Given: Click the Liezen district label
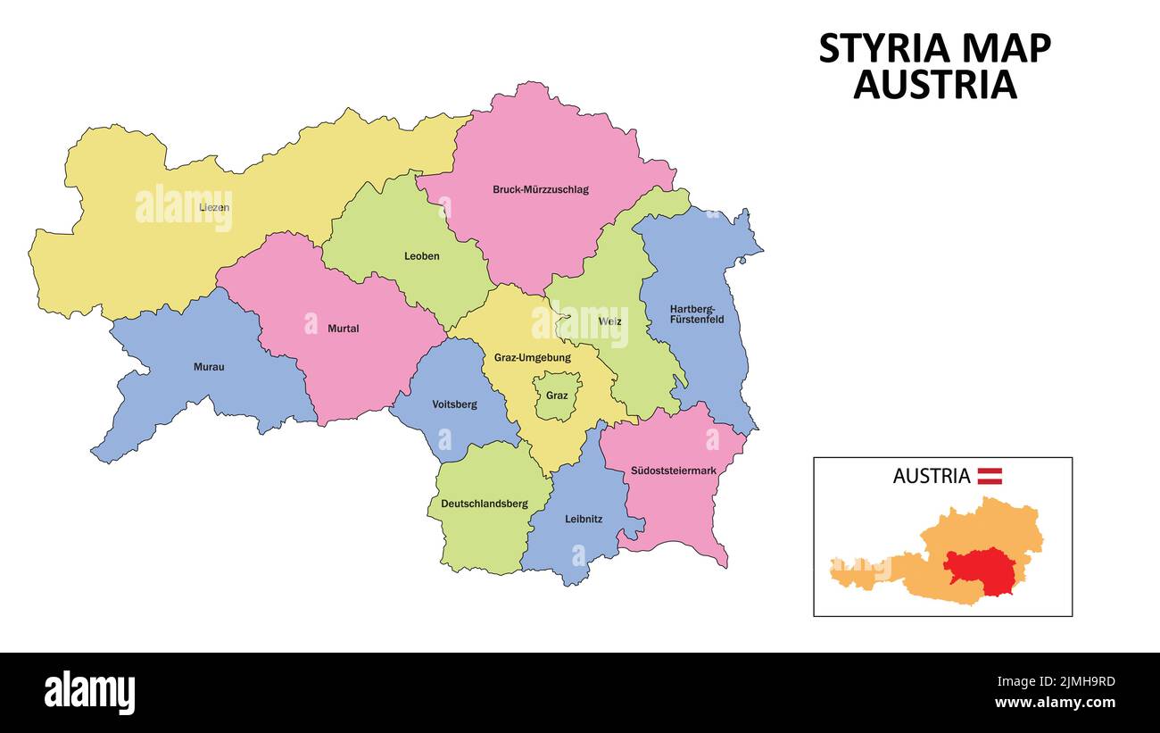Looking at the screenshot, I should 214,207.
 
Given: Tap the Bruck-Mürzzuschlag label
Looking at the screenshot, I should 541,189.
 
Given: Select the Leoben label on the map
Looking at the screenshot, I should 421,256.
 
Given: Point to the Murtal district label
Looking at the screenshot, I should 343,329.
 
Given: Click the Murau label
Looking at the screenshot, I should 209,367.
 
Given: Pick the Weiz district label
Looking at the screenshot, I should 610,321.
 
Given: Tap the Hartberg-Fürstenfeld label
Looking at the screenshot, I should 697,314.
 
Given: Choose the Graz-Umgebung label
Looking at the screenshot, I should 532,358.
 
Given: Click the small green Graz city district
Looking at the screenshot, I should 558,396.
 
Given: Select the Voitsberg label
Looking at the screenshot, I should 454,404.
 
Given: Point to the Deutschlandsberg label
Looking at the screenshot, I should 484,504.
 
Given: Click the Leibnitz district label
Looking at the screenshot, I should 584,519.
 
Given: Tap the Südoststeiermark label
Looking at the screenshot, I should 673,471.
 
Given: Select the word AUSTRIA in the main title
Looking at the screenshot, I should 934,85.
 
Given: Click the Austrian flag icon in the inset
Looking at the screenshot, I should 990,476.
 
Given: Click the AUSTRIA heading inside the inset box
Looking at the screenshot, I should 931,476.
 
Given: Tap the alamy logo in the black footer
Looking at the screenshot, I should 89,693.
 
